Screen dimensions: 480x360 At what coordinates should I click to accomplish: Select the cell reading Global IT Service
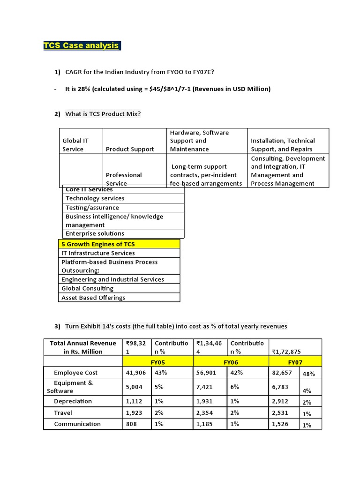(75, 145)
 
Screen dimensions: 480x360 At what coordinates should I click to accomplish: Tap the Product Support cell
(130, 149)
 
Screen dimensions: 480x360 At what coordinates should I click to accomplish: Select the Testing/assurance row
(92, 208)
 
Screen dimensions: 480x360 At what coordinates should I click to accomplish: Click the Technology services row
(95, 198)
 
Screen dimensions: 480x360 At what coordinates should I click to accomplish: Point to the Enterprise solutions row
(95, 233)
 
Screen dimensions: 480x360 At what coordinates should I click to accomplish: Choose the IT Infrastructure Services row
(98, 253)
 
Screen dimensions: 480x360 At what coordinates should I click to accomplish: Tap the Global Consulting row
(87, 288)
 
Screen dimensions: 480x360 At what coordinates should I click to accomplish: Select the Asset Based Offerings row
(93, 298)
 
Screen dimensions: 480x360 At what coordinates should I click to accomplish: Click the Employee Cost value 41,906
(136, 373)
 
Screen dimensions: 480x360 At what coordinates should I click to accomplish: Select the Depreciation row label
(73, 401)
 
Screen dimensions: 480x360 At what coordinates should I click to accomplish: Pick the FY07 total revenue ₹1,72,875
(287, 352)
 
